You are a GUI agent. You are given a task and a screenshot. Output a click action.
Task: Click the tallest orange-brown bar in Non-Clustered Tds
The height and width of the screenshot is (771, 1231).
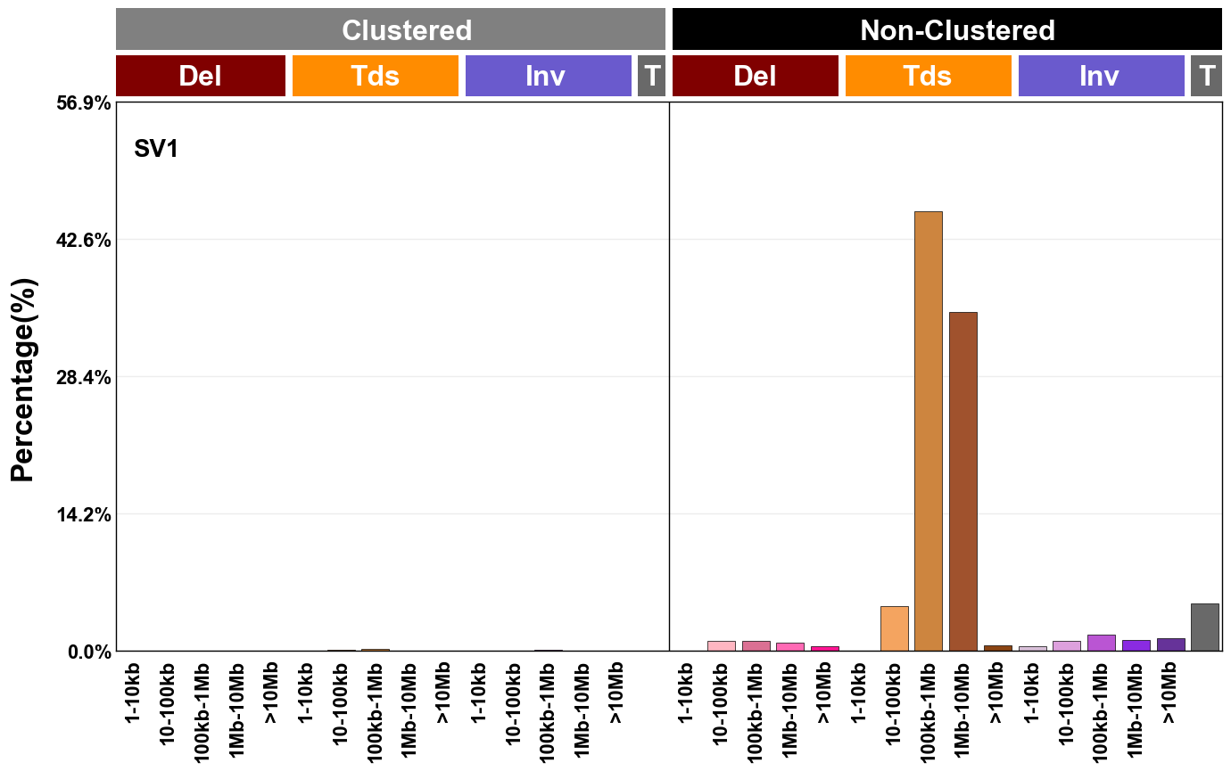pos(929,431)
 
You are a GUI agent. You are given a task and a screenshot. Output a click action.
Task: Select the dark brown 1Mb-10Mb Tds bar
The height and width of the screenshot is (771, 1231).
pos(963,481)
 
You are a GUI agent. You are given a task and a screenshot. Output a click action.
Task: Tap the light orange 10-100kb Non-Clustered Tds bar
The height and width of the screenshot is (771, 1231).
pos(894,628)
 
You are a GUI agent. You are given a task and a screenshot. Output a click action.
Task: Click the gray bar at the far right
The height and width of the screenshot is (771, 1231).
pos(1204,627)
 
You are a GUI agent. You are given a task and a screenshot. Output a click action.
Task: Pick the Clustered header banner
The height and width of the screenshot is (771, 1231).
pos(391,30)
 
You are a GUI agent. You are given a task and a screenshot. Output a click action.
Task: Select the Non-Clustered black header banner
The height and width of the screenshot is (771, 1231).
pos(946,30)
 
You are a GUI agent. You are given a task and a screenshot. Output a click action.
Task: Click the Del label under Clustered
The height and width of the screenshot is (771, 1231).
pos(200,76)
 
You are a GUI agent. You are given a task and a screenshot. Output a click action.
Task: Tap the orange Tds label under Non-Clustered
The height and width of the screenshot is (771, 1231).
pos(928,76)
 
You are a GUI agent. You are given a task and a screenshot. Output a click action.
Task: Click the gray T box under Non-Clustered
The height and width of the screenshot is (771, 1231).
pos(1206,76)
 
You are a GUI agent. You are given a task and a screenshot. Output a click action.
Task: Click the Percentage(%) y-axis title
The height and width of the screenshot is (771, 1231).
pos(23,380)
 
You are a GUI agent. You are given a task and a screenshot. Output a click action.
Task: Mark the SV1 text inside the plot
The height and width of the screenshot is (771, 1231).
pos(156,149)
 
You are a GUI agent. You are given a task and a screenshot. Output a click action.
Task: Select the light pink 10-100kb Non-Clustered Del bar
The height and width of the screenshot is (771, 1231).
pos(722,645)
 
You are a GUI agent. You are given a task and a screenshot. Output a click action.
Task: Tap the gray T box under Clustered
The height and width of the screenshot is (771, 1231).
pos(651,76)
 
